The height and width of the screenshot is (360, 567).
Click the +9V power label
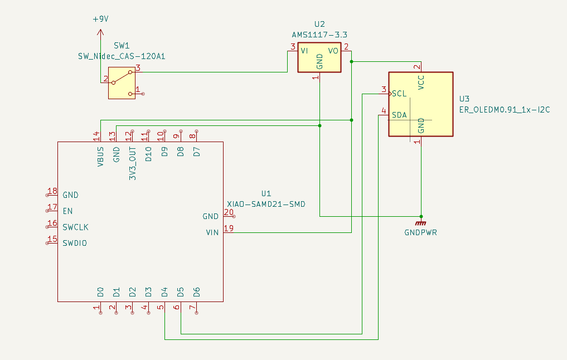click(100, 19)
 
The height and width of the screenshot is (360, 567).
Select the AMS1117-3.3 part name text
click(319, 35)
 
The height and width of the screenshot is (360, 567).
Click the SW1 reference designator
click(122, 46)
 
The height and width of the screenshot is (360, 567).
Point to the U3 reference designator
click(464, 99)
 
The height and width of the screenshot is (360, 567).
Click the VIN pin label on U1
click(212, 232)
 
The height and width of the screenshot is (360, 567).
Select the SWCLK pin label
click(76, 227)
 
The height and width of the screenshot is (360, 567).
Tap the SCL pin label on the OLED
click(400, 94)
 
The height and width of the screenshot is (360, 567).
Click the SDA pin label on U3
click(400, 115)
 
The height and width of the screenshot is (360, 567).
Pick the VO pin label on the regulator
click(333, 51)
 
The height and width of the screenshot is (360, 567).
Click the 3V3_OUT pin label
click(133, 163)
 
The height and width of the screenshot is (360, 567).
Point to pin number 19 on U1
click(229, 228)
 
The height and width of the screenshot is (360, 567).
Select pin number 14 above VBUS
click(96, 137)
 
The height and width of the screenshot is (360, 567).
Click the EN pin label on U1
click(67, 211)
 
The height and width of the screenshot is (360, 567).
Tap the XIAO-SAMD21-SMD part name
click(266, 204)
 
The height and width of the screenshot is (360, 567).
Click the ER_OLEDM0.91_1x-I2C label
click(505, 110)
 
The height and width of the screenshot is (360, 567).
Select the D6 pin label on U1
click(196, 292)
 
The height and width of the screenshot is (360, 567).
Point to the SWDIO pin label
click(75, 244)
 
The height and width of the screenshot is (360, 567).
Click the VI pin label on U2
click(304, 51)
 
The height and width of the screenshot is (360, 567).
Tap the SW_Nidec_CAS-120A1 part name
click(122, 56)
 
